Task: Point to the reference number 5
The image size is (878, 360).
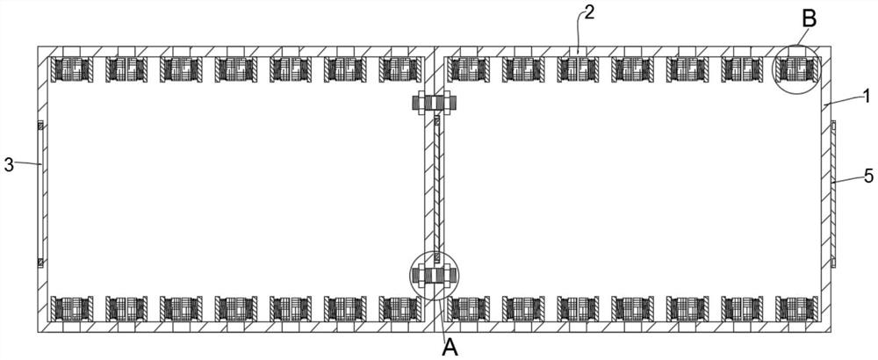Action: coord(867,176)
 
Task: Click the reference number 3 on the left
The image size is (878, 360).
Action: coord(9,164)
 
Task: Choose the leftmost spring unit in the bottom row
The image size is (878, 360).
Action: coord(68,308)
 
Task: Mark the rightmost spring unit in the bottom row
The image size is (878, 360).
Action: coord(794,308)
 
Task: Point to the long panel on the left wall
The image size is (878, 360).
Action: coord(40,193)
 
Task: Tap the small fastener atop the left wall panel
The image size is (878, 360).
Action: coord(40,126)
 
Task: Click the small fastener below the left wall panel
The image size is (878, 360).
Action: coord(40,262)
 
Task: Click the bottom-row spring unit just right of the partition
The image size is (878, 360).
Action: coord(466,308)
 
